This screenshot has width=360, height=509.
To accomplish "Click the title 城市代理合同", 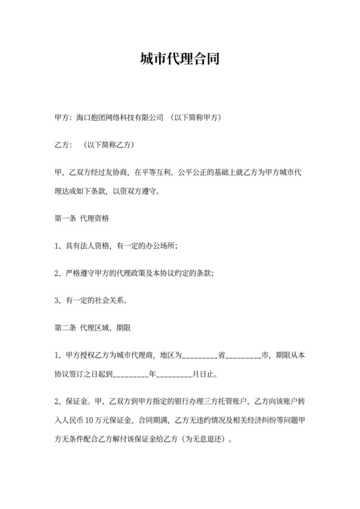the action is point(180,60).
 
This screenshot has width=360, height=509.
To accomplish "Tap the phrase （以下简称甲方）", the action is point(195,119).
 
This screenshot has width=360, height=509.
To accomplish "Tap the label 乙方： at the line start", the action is point(62,145).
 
